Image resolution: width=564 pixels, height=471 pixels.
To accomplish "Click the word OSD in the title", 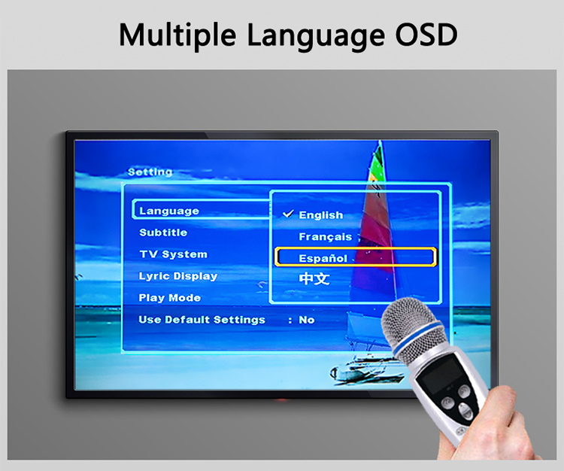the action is click(x=426, y=35).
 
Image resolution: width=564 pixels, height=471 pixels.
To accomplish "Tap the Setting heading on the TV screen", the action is click(x=150, y=172).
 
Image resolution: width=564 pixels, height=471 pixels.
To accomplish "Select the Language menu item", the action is click(x=169, y=211).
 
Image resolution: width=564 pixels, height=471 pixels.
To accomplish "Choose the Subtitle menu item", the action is click(x=163, y=232).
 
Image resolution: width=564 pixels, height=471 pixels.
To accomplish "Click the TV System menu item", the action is click(x=174, y=254).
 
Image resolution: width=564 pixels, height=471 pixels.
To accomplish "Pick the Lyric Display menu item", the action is click(x=178, y=276).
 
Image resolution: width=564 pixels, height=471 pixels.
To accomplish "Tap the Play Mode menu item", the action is click(x=170, y=298).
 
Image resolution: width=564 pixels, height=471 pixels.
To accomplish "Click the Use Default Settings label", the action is click(x=202, y=320).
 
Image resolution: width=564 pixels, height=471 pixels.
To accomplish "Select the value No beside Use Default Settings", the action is click(x=307, y=320).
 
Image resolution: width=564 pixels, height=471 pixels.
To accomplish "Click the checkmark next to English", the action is click(x=288, y=214).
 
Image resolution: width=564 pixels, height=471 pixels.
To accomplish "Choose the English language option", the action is click(x=321, y=215).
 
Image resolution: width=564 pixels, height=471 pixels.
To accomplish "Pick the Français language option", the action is click(x=326, y=237).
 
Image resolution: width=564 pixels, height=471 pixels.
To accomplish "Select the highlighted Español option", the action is click(x=323, y=258).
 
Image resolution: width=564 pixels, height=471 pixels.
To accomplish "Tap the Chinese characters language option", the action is click(x=314, y=278).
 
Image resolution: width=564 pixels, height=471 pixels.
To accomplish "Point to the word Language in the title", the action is click(x=316, y=36).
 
